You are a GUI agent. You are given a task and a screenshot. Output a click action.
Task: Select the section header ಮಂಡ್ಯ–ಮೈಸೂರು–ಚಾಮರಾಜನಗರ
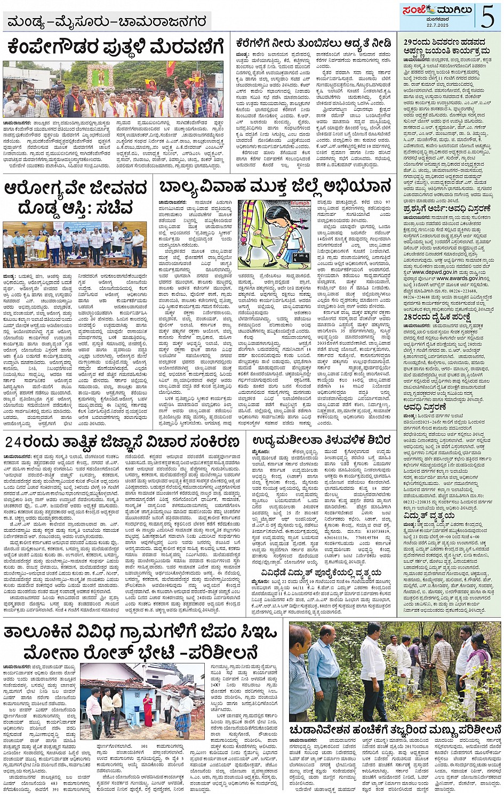tap(107, 22)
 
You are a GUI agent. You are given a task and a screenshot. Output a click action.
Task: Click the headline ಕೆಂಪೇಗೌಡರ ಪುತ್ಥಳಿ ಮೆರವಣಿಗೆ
tap(115, 47)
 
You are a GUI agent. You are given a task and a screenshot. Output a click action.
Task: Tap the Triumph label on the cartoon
tap(300, 204)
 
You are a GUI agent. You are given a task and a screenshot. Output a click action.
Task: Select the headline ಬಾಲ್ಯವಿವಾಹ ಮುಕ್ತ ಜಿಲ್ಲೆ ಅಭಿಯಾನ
tap(275, 188)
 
